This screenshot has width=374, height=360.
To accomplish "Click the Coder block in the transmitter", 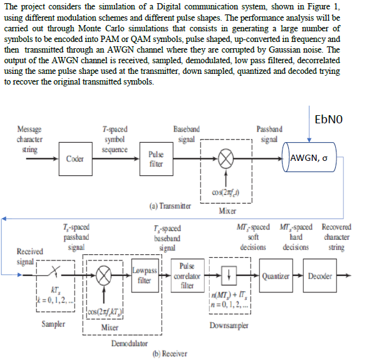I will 75,158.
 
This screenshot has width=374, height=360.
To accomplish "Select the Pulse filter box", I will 156,158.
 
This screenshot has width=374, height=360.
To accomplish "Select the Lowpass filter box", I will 143,275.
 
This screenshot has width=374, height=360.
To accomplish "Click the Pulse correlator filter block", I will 190,275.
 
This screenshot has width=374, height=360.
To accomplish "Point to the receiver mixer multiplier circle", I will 103,275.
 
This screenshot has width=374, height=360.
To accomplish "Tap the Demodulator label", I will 130,343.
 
